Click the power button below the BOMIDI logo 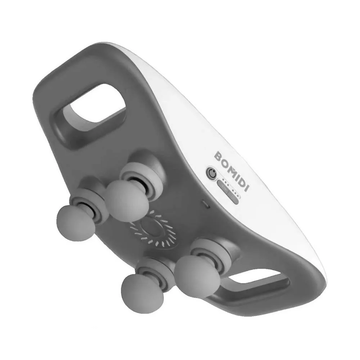coord(212,173)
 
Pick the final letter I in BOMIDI coord(246,188)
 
